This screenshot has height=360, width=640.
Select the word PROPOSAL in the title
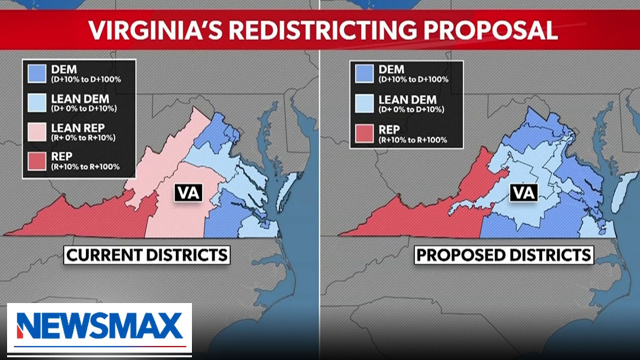point(490,30)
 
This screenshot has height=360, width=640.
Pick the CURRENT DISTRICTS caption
point(147,255)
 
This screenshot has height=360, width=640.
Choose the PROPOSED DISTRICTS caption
point(504,255)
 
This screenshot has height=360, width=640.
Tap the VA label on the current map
point(188,193)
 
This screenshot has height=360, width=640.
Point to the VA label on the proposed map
point(524,192)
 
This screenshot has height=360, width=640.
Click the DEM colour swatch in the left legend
point(37,73)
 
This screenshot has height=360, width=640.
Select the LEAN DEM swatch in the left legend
point(37,103)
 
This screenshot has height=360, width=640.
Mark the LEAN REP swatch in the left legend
point(37,132)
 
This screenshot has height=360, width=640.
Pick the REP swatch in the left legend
point(37,161)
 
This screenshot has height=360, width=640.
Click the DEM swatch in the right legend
point(364,73)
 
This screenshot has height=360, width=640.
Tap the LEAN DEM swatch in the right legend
point(364,103)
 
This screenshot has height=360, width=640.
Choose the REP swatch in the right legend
point(364,134)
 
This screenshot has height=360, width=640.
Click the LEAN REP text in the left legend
point(77,128)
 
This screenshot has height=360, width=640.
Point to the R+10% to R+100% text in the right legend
point(412,140)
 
